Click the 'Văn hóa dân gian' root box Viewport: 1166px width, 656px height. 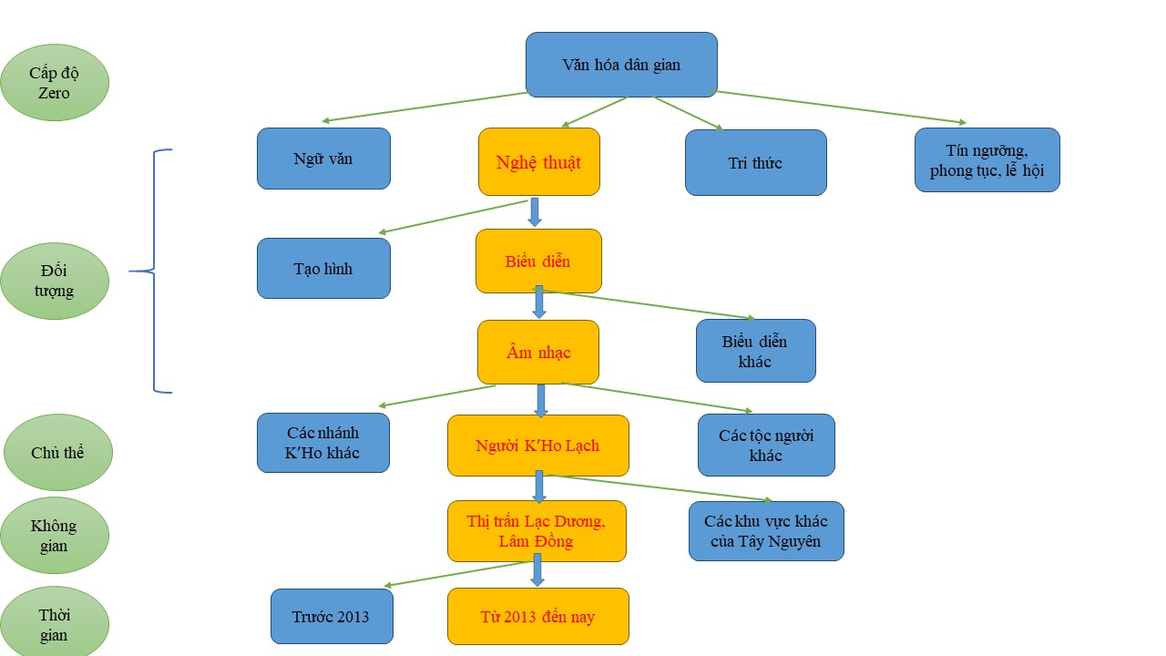(621, 65)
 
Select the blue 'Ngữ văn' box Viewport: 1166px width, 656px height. (323, 159)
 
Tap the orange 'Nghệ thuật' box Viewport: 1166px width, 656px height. (538, 162)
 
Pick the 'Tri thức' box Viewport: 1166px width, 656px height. (755, 163)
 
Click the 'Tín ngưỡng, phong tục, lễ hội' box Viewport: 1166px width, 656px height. (987, 159)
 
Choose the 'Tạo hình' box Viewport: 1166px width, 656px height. (323, 269)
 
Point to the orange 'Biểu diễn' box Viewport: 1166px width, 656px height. (538, 261)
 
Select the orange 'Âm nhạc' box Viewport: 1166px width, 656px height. (537, 352)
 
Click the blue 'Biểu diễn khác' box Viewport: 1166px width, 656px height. (755, 351)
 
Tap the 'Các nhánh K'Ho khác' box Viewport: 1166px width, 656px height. (323, 443)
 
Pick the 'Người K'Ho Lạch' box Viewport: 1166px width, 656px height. (537, 446)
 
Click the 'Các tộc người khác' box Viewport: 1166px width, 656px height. (765, 445)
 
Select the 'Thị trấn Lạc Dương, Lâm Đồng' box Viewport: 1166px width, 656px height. (537, 531)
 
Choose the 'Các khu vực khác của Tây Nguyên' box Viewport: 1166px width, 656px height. (766, 531)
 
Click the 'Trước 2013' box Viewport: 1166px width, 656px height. (332, 616)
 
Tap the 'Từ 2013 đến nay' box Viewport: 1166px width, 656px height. (537, 617)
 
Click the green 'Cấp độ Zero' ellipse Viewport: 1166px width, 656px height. (55, 83)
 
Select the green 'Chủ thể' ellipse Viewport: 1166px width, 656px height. (57, 453)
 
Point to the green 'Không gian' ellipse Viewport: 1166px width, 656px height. (54, 535)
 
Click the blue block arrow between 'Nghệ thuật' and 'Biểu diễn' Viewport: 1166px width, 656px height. (535, 211)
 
